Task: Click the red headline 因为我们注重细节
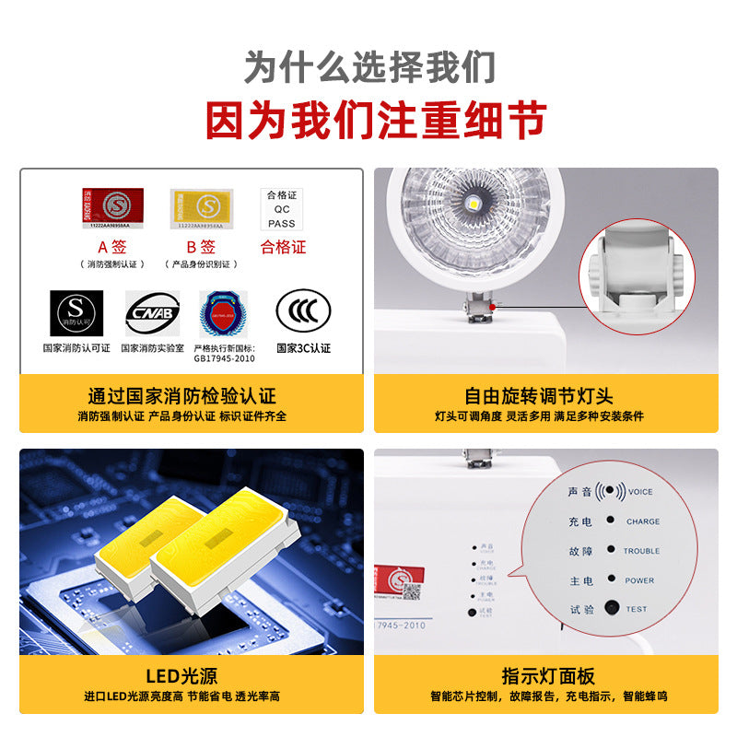click(x=368, y=120)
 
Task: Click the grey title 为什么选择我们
click(x=368, y=67)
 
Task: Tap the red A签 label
click(x=112, y=247)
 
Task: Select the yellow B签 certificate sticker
click(x=201, y=208)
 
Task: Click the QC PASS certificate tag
click(x=282, y=209)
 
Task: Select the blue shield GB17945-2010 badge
click(x=224, y=313)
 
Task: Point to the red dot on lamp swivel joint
click(x=494, y=305)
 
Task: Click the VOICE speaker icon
click(x=610, y=491)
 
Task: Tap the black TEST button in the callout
click(x=611, y=608)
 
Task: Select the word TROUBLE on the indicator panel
click(x=642, y=551)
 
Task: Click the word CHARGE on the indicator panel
click(x=642, y=521)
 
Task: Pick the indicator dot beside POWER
click(x=610, y=579)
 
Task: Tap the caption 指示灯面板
click(x=548, y=675)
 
